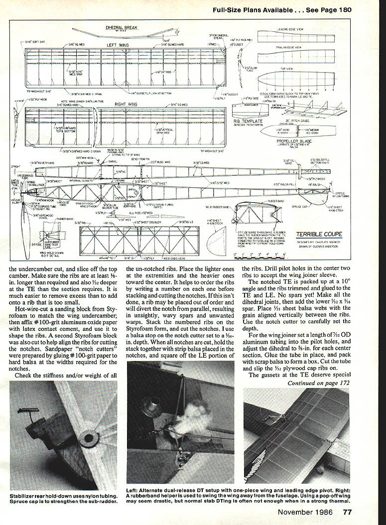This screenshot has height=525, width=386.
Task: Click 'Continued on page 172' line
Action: coord(318,383)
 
